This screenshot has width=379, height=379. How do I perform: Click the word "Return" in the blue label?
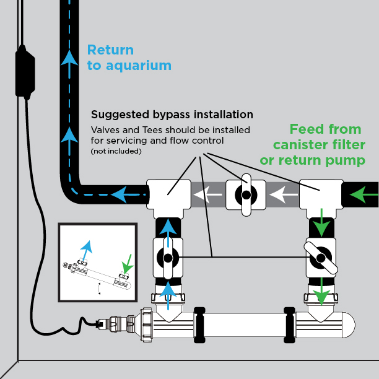[x=110, y=50]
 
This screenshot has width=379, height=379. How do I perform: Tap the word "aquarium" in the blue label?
[x=139, y=66]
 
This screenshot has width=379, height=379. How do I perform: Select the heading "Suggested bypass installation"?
[x=172, y=115]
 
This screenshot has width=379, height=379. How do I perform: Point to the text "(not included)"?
[x=116, y=151]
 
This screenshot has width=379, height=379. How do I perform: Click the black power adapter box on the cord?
[x=25, y=72]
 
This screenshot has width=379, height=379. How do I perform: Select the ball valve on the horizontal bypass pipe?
[x=246, y=195]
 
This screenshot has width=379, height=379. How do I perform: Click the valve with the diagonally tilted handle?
[x=321, y=258]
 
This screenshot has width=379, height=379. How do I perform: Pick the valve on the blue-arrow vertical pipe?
[x=168, y=258]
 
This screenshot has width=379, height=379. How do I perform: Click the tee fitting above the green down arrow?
[x=321, y=199]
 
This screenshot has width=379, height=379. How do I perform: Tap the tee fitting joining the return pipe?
[x=168, y=199]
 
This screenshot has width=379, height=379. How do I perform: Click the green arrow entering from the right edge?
[x=364, y=194]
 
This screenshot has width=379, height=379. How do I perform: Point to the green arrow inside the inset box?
[x=128, y=264]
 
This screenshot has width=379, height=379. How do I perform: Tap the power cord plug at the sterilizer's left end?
[x=100, y=324]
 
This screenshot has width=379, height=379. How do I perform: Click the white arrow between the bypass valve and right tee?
[x=283, y=195]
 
